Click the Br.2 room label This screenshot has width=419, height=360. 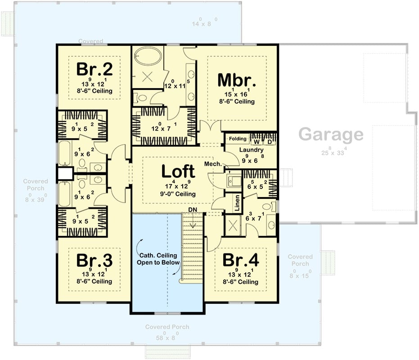(x=94, y=69)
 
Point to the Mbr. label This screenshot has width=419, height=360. (x=237, y=80)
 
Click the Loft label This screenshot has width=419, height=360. (x=178, y=171)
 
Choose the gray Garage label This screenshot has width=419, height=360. (x=331, y=134)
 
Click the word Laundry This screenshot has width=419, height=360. (x=251, y=149)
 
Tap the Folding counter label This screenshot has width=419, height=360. (x=238, y=139)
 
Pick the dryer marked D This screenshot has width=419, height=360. (x=269, y=142)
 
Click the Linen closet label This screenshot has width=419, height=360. (x=237, y=202)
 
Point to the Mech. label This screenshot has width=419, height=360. (x=213, y=164)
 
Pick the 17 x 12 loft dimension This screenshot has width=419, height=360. (x=178, y=185)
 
